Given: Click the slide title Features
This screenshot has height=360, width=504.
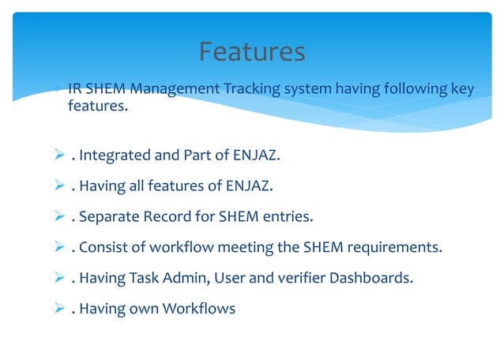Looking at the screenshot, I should click(251, 52).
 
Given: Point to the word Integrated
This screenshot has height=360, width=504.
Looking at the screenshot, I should click(116, 156).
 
